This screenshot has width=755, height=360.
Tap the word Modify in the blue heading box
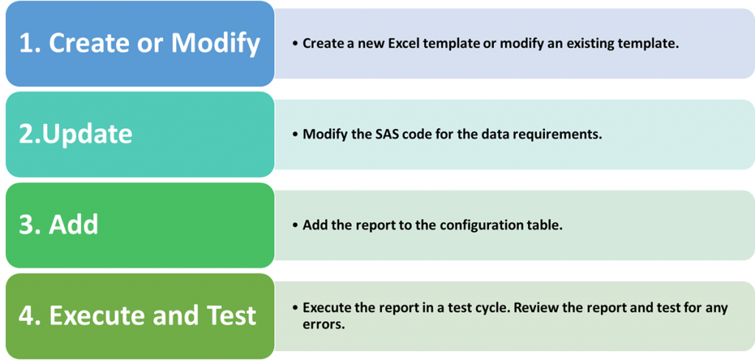click(x=216, y=43)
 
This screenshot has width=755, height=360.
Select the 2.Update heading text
click(x=75, y=134)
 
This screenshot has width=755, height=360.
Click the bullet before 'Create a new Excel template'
click(x=296, y=44)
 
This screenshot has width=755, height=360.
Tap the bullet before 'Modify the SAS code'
click(x=296, y=134)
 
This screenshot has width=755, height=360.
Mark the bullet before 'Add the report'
click(x=296, y=225)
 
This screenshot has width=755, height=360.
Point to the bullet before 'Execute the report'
click(x=296, y=308)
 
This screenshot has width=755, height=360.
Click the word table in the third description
click(x=546, y=225)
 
